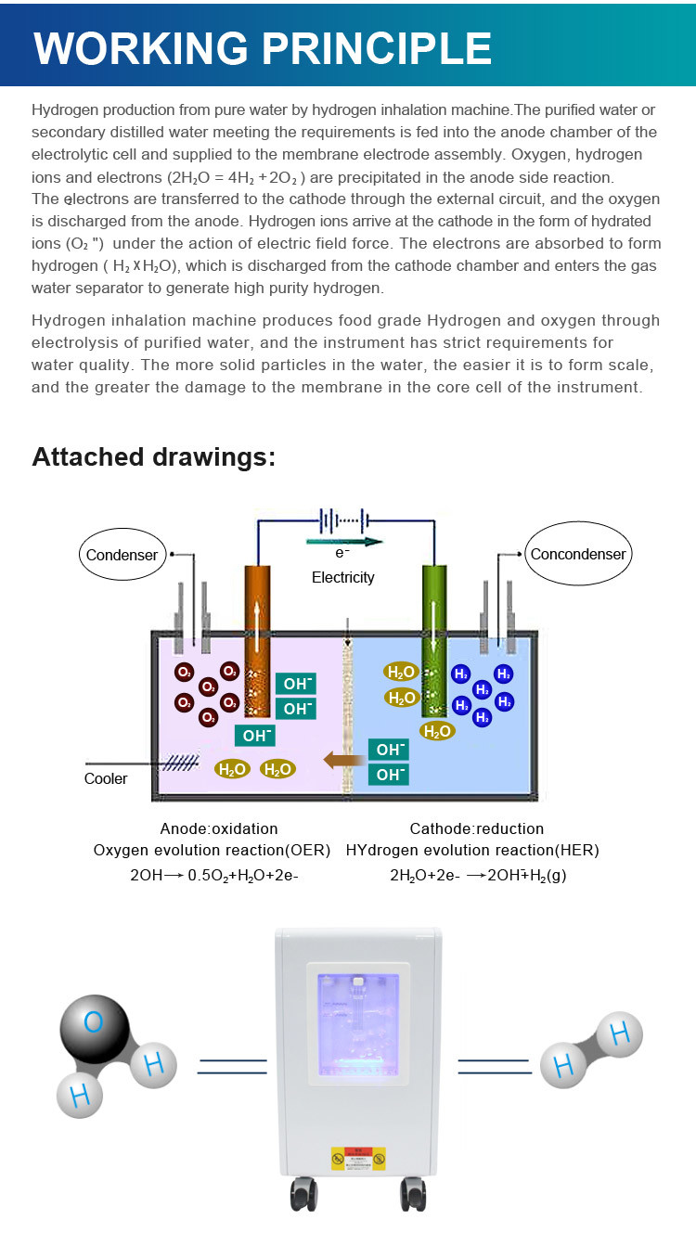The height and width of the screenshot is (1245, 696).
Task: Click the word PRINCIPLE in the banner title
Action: pos(377,48)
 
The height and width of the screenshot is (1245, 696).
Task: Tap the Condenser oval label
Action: pos(122,554)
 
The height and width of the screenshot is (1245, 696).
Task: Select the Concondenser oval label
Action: pos(578,554)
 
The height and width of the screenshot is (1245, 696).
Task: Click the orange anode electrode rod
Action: pos(257,641)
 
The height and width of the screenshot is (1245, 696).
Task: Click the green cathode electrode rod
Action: pos(434,641)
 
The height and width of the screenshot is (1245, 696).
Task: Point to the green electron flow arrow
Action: pos(344,542)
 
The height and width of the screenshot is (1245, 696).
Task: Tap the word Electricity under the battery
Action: pos(343,577)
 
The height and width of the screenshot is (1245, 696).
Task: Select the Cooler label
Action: pos(106,778)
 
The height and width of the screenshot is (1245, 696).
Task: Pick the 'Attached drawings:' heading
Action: pos(154,456)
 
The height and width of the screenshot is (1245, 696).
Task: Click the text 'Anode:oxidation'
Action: pos(219,828)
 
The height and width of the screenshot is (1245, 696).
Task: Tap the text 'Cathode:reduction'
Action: pos(477,828)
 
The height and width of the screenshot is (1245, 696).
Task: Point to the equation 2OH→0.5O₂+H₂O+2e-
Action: pos(214,876)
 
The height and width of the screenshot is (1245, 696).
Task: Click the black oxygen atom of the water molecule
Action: pos(95,1029)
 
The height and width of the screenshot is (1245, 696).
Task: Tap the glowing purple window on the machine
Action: pos(358,1024)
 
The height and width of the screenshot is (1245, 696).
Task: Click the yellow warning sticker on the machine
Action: pos(358,1158)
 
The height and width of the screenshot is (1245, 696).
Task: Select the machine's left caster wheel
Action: pos(304,1193)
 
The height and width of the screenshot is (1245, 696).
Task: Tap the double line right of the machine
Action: pos(495,1066)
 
